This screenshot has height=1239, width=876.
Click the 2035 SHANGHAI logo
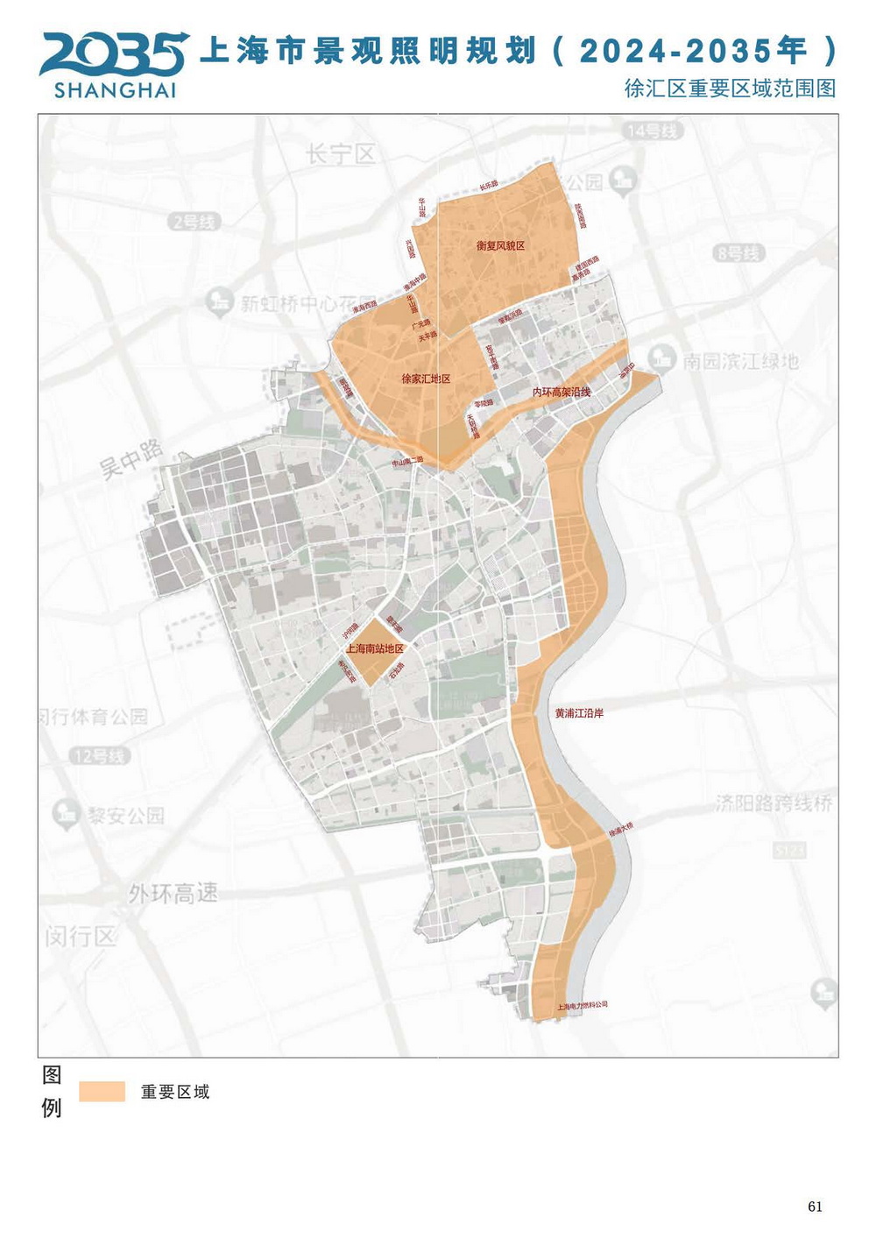click(114, 64)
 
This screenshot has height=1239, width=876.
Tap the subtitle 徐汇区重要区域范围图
click(730, 88)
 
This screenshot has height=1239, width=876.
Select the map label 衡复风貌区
click(500, 246)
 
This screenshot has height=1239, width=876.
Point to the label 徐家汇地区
click(426, 379)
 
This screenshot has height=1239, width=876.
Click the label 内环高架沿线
click(562, 393)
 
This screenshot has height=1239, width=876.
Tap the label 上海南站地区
click(375, 649)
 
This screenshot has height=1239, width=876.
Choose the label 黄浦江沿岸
click(579, 714)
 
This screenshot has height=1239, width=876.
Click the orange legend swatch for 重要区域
click(102, 1092)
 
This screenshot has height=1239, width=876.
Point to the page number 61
click(815, 1207)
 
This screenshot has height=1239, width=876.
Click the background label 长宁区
click(341, 155)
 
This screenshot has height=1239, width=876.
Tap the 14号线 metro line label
click(653, 131)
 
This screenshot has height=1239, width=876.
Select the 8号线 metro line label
click(739, 253)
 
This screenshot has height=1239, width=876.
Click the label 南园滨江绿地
click(740, 361)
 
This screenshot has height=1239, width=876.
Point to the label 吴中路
click(131, 459)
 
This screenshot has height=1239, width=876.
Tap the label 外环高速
click(173, 894)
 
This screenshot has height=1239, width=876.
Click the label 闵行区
click(81, 937)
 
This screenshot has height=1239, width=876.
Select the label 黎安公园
click(124, 816)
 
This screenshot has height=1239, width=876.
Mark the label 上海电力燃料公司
click(582, 1006)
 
